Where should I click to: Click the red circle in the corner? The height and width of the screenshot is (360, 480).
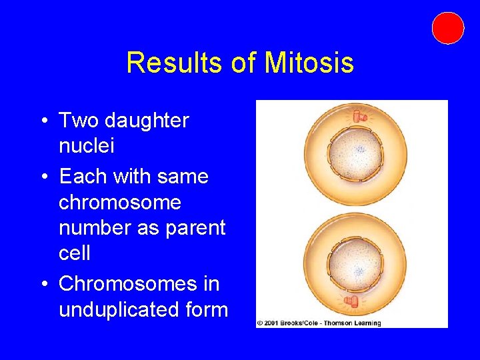click(447, 28)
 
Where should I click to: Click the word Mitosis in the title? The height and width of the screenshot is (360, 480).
click(309, 63)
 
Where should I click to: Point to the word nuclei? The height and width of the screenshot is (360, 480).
click(87, 146)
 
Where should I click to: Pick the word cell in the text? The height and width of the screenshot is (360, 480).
click(75, 253)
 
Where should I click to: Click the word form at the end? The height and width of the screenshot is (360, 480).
click(209, 310)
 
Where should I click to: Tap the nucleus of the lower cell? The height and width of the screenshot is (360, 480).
click(357, 267)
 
